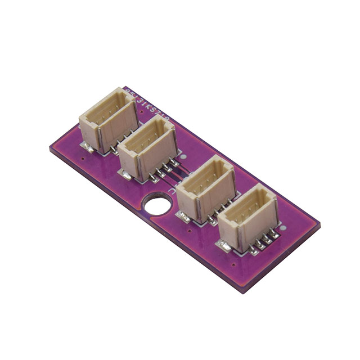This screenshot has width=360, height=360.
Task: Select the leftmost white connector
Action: coord(108,120)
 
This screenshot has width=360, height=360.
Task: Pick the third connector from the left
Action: coord(206,188)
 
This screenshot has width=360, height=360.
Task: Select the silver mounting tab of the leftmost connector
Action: coord(86,147)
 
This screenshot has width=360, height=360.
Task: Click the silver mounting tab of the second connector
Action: coord(127,175)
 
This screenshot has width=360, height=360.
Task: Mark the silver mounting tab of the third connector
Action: coord(183,215)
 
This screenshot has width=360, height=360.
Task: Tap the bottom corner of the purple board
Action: coord(243,292)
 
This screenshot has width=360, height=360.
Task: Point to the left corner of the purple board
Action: coord(50,147)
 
